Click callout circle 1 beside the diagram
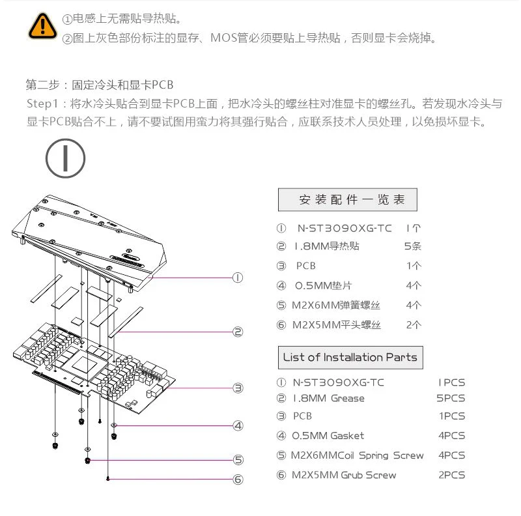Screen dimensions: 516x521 pos(238,278)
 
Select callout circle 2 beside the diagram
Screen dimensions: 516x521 pos(238,332)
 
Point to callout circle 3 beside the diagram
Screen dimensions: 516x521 pos(238,388)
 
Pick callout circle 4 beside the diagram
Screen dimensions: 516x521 pos(238,425)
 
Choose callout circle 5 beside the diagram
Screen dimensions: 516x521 pos(238,460)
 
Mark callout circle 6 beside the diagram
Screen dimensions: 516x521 pos(238,480)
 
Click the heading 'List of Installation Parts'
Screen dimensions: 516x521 pos(350,358)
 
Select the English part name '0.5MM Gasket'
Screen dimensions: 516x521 pos(328,436)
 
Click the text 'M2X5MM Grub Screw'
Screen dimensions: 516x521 pos(344,475)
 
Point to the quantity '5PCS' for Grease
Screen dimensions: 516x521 pos(451,398)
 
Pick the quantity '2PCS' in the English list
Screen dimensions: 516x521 pos(451,475)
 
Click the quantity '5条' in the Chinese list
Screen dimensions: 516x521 pos(413,246)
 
